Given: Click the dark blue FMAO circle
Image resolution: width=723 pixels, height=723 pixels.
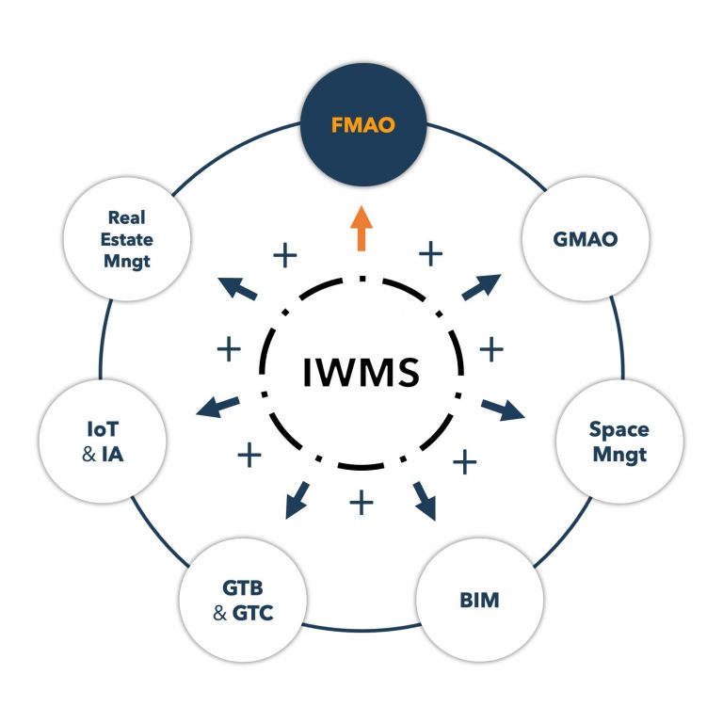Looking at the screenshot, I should (x=361, y=122).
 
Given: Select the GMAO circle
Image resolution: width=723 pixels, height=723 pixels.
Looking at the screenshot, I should (x=585, y=239).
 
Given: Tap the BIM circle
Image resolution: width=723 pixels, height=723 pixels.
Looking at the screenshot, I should (x=480, y=598).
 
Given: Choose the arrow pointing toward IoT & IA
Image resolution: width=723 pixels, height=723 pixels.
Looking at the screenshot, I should (x=217, y=407).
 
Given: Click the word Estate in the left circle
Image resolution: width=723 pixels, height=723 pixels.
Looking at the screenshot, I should (x=129, y=239).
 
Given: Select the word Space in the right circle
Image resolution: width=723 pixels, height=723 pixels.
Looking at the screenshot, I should (x=619, y=430).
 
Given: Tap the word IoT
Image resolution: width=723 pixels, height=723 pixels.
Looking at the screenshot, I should (x=103, y=431).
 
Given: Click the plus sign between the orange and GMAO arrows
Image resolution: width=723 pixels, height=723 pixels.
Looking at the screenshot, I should (x=430, y=252).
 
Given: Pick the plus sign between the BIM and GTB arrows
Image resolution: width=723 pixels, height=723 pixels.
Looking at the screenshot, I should (x=361, y=502).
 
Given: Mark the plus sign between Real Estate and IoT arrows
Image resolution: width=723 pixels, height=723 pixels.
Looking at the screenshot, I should (x=230, y=349).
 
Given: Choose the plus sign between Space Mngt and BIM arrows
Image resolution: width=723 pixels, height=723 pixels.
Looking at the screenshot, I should (x=465, y=461).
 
